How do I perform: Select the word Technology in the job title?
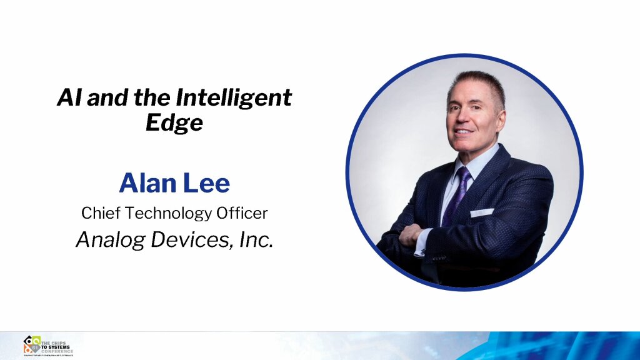click(x=164, y=213)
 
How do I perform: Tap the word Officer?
click(x=240, y=213)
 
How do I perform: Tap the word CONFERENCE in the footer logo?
click(x=57, y=351)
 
